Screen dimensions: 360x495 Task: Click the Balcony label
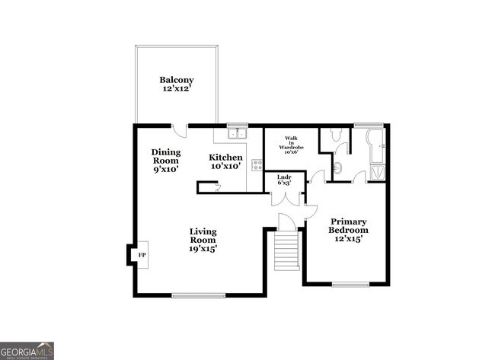coord(176,84)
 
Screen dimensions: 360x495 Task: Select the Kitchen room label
coord(225,161)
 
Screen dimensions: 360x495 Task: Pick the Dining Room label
coord(165,161)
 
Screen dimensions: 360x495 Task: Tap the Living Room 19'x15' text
coord(203,240)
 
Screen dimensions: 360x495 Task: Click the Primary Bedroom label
coord(349,230)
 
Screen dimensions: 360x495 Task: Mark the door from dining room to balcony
coord(179,130)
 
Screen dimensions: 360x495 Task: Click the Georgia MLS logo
coord(27,350)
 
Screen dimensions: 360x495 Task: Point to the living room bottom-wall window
coord(198,295)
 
